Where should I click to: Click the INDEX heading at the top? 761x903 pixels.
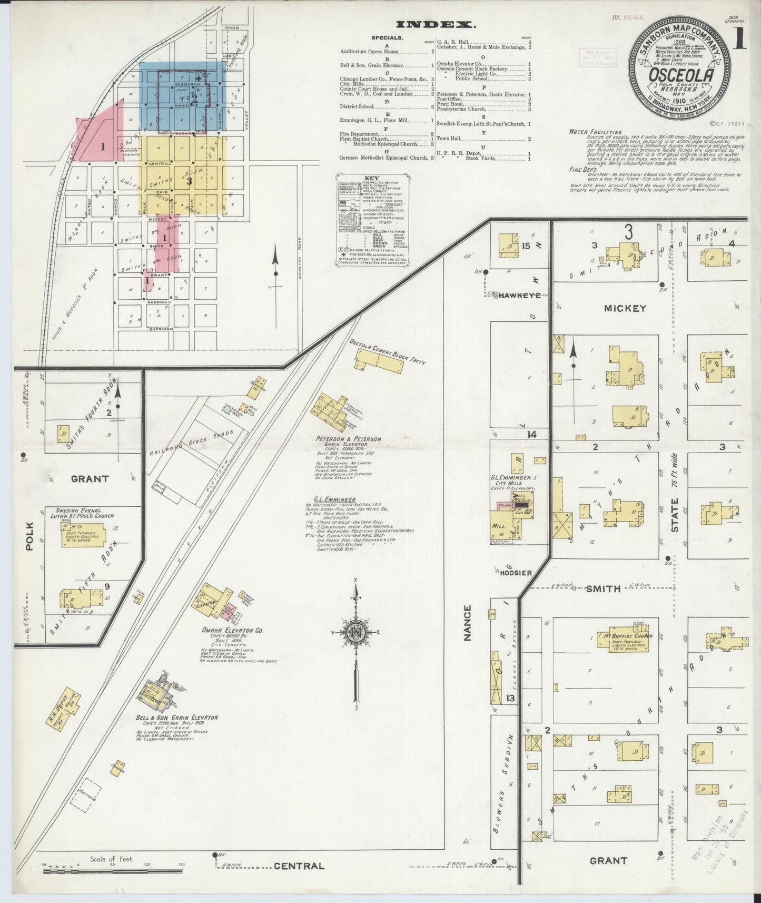tap(435, 24)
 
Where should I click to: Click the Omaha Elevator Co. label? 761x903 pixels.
tap(225, 630)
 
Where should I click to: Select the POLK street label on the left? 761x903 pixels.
tap(29, 536)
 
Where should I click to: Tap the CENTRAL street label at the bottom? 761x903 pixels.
tap(299, 866)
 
